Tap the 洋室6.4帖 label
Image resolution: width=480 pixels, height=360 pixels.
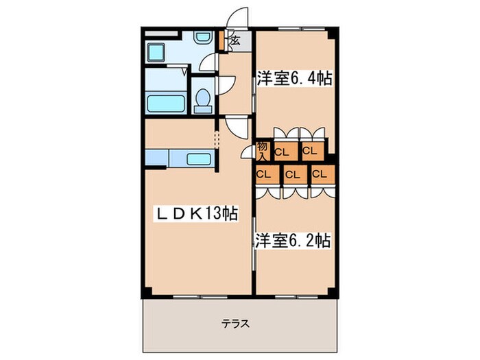point(295,78)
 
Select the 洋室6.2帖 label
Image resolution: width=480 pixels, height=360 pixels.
point(293,241)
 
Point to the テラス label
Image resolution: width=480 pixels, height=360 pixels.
point(235,324)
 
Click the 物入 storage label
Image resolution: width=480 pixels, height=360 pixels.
point(262,149)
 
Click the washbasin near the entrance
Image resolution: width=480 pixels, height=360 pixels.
point(204,41)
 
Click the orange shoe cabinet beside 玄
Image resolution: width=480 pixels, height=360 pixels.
point(221,40)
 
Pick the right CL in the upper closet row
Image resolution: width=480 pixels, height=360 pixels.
point(309,150)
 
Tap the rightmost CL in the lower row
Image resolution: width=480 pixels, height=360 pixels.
point(319,173)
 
